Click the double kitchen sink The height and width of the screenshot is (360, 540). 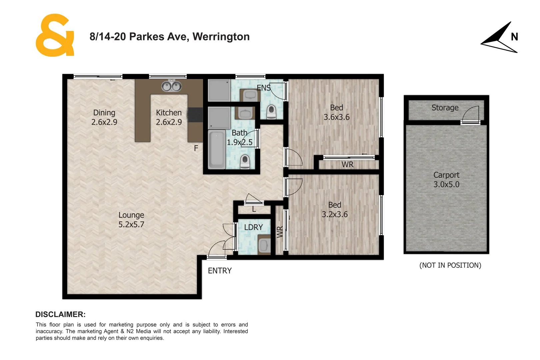pyautogui.click(x=171, y=86)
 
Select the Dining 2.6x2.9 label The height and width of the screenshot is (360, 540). pyautogui.click(x=104, y=117)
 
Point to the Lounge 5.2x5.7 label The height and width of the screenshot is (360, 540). pyautogui.click(x=131, y=220)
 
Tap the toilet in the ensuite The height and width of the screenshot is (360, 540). pyautogui.click(x=272, y=112)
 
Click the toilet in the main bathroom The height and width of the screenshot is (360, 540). pyautogui.click(x=245, y=162)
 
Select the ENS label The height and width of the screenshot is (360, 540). pyautogui.click(x=263, y=88)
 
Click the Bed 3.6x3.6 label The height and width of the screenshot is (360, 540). pyautogui.click(x=336, y=112)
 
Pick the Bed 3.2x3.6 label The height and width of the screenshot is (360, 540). pyautogui.click(x=334, y=210)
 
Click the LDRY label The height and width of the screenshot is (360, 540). pyautogui.click(x=253, y=227)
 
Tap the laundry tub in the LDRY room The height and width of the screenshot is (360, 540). pyautogui.click(x=264, y=245)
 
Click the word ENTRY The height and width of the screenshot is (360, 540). pyautogui.click(x=220, y=271)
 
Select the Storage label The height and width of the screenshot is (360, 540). pyautogui.click(x=445, y=108)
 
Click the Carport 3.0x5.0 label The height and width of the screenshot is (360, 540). pyautogui.click(x=446, y=180)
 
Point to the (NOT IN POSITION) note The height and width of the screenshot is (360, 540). pyautogui.click(x=450, y=265)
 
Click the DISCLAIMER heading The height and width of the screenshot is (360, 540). pyautogui.click(x=60, y=314)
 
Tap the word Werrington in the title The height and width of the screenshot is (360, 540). pyautogui.click(x=221, y=37)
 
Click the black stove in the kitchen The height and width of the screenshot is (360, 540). pyautogui.click(x=195, y=115)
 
